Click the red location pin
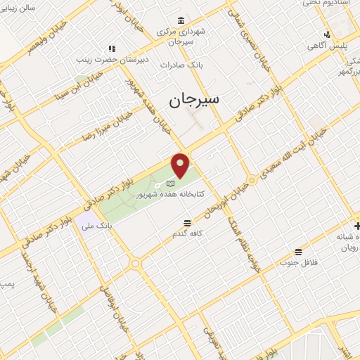pos(181,165)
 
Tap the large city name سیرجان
pos(194,100)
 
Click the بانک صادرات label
pos(181,65)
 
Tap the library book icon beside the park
pos(169,183)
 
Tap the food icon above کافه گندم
pos(184,221)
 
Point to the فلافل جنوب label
pos(299,263)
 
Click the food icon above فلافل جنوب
pos(299,252)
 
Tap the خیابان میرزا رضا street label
pos(106,126)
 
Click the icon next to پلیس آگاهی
pos(328,34)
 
